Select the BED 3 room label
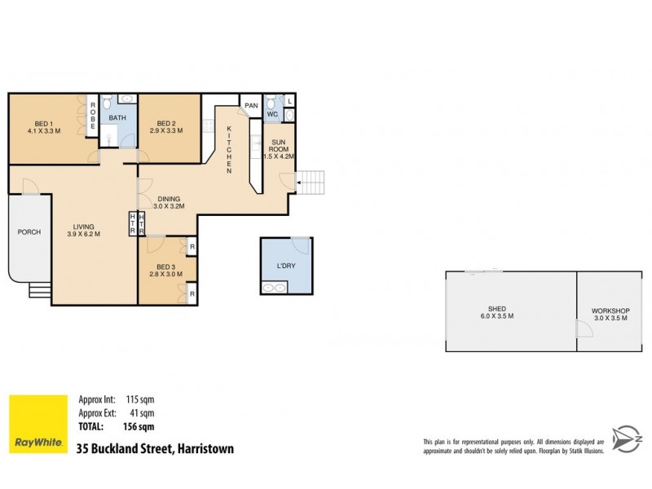tap(165, 267)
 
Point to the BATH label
tap(117, 117)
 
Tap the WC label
tap(273, 114)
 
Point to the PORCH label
tap(29, 232)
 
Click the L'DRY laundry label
tap(285, 267)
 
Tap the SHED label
tap(496, 309)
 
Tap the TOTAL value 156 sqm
tap(139, 426)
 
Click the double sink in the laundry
tap(274, 287)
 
